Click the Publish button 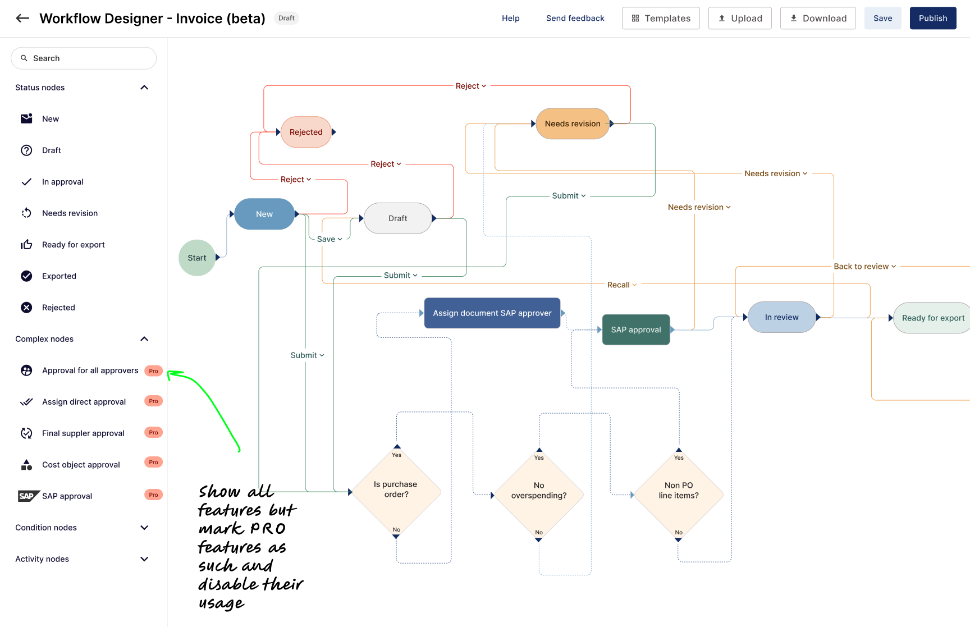point(932,18)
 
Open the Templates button point(661,18)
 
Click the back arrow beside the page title point(22,18)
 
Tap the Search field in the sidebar point(84,58)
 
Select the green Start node point(196,258)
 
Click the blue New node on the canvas point(264,214)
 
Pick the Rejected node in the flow point(306,132)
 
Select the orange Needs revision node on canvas point(572,123)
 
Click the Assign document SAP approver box point(492,313)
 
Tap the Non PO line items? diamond point(678,491)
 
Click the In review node point(781,317)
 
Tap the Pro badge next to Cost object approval point(153,463)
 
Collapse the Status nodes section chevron point(144,88)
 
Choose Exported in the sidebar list point(59,276)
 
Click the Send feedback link point(575,18)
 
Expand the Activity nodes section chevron point(144,559)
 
